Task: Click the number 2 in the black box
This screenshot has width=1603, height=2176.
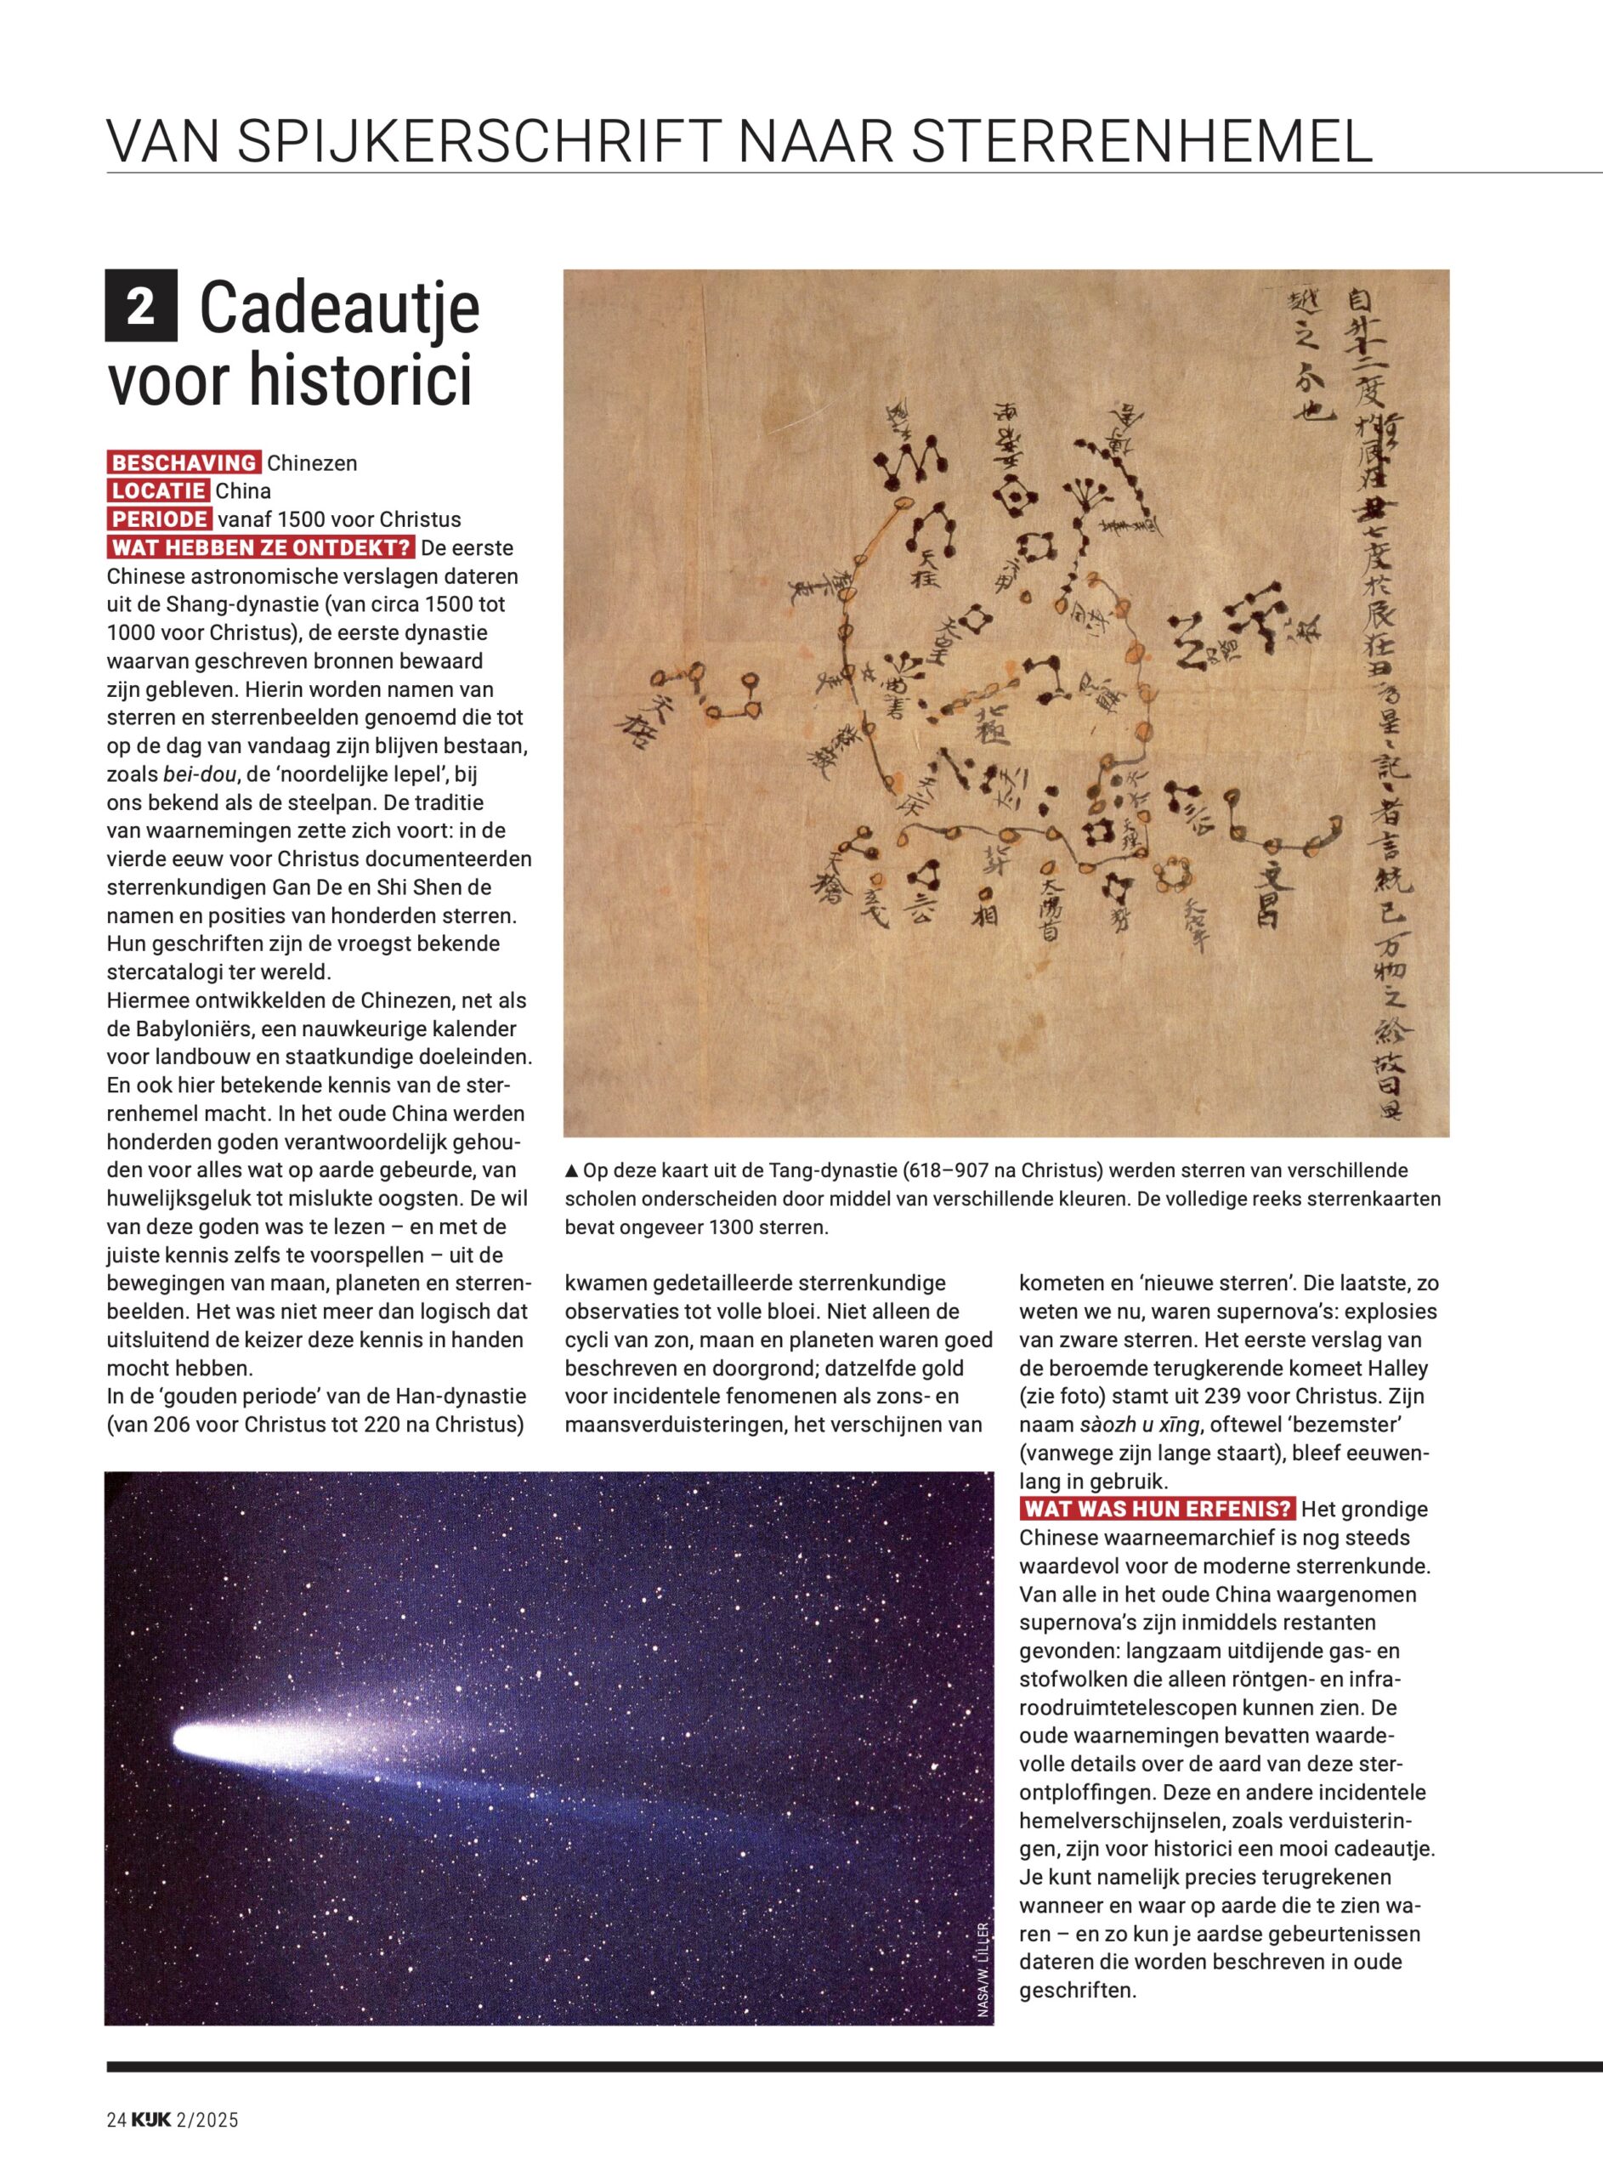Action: (x=141, y=306)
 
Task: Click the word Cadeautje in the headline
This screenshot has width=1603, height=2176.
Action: (x=340, y=308)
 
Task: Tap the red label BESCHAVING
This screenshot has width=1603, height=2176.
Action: (x=184, y=462)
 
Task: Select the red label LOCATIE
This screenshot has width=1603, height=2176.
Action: (x=157, y=491)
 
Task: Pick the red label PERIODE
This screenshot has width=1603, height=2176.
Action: (x=159, y=519)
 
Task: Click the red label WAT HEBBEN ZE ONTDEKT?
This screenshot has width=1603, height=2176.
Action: (x=261, y=547)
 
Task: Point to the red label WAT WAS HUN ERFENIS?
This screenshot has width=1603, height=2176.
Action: (x=1158, y=1509)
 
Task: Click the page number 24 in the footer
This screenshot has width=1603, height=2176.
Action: (x=116, y=2147)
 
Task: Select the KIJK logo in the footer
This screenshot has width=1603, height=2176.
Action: (x=151, y=2147)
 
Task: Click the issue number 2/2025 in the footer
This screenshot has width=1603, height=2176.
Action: (x=207, y=2147)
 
